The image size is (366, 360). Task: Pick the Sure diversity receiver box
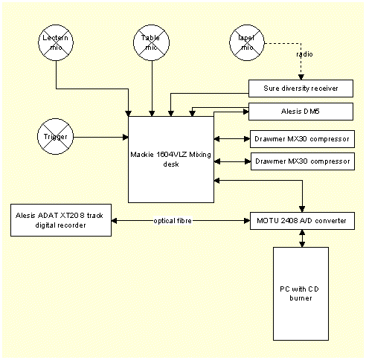pyautogui.click(x=301, y=88)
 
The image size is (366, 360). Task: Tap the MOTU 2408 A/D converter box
pyautogui.click(x=301, y=220)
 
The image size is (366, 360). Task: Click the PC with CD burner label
pyautogui.click(x=301, y=292)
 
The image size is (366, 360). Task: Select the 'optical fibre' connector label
pyautogui.click(x=175, y=220)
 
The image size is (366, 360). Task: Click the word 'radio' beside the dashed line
pyautogui.click(x=304, y=54)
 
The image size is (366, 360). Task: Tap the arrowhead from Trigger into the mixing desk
pyautogui.click(x=126, y=137)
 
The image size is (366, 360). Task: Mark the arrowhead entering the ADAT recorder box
pyautogui.click(x=115, y=220)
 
